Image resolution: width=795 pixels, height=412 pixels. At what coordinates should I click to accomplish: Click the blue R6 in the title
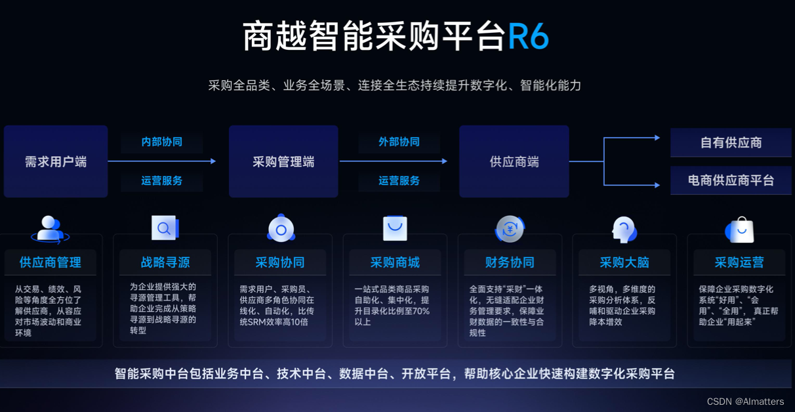pos(528,36)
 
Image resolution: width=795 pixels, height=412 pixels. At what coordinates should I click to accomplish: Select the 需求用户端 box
pos(56,161)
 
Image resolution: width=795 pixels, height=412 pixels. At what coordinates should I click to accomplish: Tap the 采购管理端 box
pos(283,161)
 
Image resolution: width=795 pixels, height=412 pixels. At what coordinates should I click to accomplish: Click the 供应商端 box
pos(514,161)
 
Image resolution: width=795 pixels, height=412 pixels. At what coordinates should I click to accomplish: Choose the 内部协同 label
pos(162,142)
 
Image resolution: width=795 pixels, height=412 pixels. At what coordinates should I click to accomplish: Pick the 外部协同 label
pos(399,142)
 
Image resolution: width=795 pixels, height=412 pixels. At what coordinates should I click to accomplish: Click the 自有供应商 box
pos(731,142)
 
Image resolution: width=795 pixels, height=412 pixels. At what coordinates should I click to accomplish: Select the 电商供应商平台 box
pos(731,180)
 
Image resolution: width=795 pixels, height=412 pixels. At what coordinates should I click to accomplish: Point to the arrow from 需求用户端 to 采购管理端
pos(162,161)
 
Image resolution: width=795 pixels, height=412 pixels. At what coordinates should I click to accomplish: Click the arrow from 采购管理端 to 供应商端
pos(394,161)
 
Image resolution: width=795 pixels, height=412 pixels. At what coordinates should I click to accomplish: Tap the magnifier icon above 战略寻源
pos(165,228)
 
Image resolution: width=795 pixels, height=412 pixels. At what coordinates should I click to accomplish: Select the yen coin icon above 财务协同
pos(510,229)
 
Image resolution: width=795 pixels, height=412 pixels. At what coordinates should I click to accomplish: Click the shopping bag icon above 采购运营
pos(740,230)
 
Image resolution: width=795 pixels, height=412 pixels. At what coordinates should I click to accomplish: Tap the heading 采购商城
pos(395,262)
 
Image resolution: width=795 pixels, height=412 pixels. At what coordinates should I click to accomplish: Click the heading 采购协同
pos(280,262)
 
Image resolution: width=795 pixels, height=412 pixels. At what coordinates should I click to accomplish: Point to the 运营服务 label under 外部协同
pos(399,180)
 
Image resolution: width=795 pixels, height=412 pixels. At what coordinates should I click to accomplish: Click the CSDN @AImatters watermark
pos(745,402)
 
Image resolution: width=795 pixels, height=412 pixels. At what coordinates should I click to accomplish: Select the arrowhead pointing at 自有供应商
pos(657,138)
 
